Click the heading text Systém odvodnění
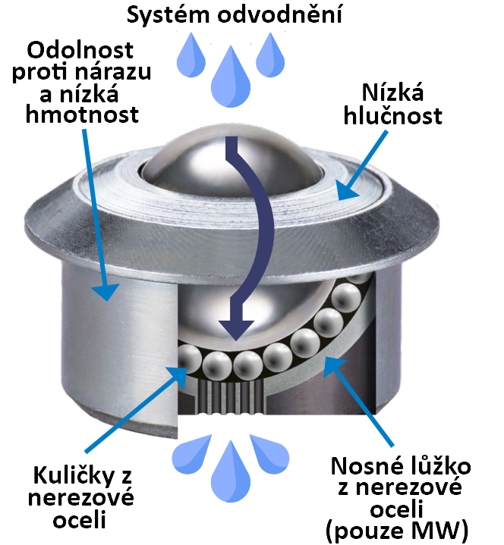point(235,15)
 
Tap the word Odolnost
point(80,50)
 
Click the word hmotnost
point(82,114)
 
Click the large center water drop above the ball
point(231,77)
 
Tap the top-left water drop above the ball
point(191,55)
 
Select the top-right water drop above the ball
point(270,55)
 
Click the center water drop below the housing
point(231,473)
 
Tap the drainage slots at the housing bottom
point(231,396)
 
